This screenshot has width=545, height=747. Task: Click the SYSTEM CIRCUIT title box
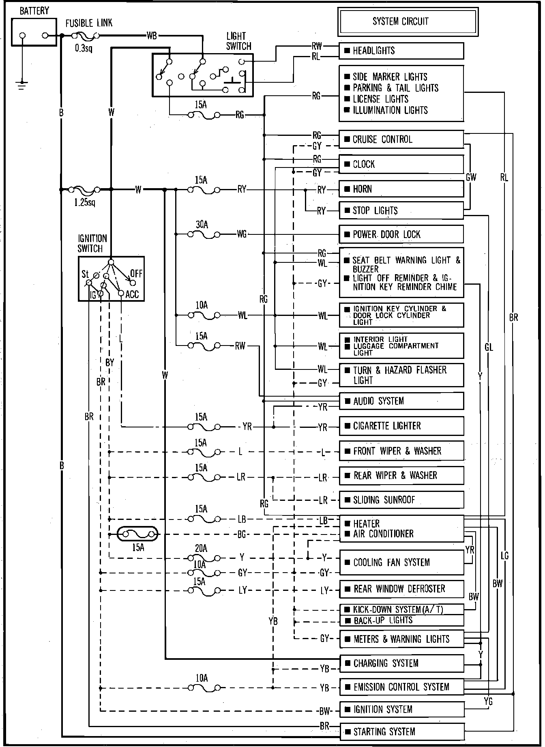coord(408,21)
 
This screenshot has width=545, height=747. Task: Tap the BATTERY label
coord(34,11)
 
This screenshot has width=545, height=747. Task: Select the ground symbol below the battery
coord(22,84)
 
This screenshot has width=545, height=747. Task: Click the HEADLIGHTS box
coord(401,51)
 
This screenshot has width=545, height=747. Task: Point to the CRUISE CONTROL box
coord(401,140)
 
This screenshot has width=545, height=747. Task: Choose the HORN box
coord(401,189)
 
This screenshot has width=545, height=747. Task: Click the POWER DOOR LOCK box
coord(401,234)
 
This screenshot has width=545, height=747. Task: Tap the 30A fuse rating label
coord(202,224)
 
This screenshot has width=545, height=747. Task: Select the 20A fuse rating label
coord(201,548)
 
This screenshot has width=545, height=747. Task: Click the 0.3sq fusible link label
coord(84,49)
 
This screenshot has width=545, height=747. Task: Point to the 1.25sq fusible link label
coord(85,202)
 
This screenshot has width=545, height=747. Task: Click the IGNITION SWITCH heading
coord(92,243)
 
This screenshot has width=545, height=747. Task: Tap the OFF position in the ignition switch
coord(136,273)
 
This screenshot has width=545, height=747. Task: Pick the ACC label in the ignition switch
coord(132,294)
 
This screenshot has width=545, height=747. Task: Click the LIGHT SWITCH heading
coord(238,41)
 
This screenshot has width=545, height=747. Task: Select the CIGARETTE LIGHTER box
coord(401,426)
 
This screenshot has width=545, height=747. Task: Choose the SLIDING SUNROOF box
coord(401,500)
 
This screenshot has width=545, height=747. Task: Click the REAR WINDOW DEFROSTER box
coord(401,589)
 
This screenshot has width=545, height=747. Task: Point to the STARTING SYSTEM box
coord(401,731)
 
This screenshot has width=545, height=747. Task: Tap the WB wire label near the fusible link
coord(152,36)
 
